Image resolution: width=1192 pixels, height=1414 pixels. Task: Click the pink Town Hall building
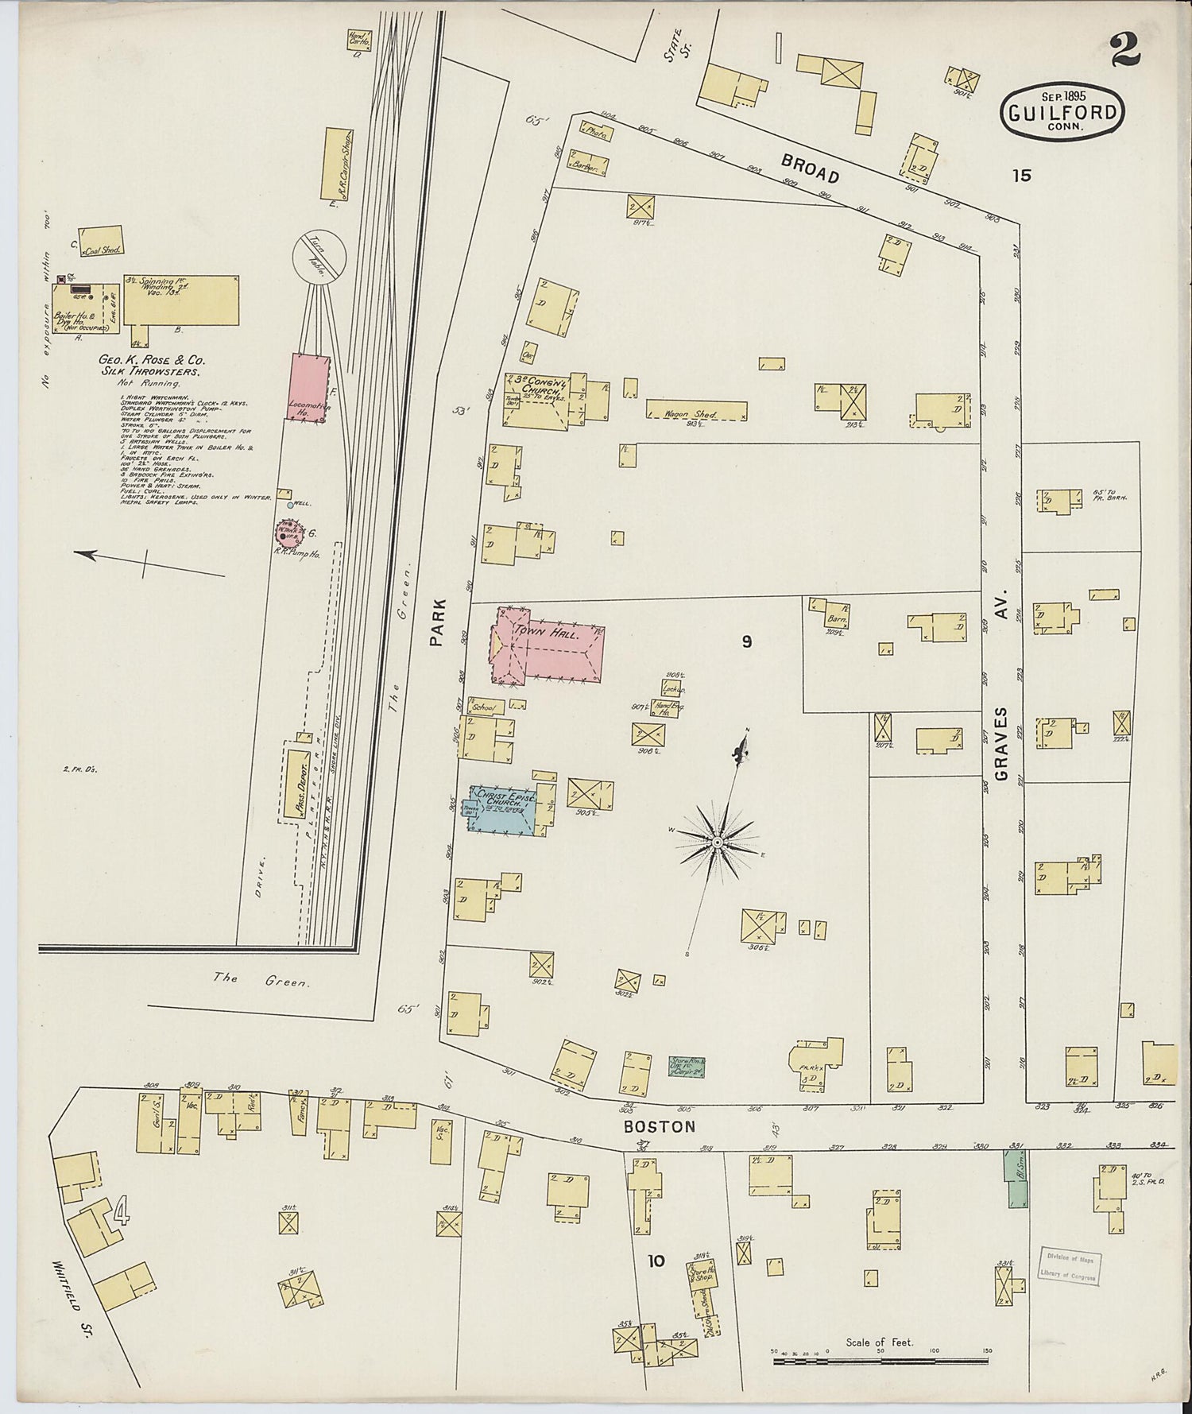pos(548,645)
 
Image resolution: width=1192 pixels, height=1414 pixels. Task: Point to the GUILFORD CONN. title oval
pos(1062,113)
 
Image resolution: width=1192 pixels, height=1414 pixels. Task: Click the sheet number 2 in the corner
pos(1126,49)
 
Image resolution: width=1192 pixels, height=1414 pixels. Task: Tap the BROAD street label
pos(811,168)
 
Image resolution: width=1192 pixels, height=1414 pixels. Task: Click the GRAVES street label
pos(1001,742)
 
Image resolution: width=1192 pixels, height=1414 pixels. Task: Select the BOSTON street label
pos(659,1126)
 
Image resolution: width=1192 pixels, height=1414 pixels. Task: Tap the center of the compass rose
pos(717,842)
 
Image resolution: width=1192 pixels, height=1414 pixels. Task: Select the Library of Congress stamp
pos(1069,1265)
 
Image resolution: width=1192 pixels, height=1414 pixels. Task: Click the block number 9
pos(746,641)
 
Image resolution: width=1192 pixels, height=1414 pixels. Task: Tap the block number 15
pos(1021,176)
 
